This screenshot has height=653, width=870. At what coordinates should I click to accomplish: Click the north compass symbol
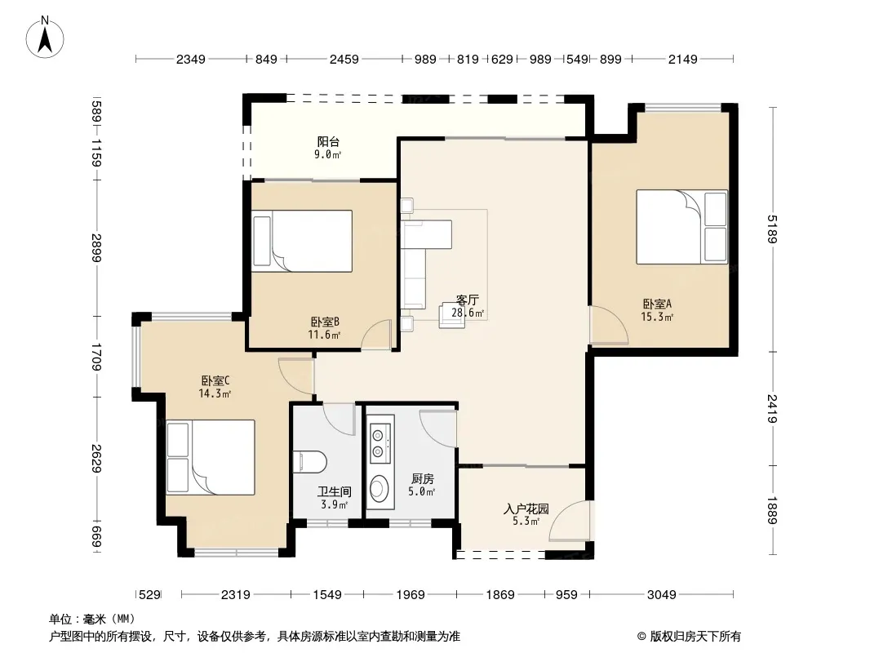45,37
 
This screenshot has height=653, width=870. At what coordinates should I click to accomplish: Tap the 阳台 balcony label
328,141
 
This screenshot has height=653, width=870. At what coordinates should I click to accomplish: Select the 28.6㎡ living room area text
468,313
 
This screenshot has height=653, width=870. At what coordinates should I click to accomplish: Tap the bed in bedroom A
681,227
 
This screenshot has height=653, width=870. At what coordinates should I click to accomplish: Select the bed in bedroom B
302,241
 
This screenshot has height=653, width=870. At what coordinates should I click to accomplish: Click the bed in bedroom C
211,457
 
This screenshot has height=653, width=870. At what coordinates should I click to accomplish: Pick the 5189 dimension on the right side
772,229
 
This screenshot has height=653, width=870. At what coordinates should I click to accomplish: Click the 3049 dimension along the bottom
661,595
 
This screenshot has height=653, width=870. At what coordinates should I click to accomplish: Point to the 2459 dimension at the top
344,59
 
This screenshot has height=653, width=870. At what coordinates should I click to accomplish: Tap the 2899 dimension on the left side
97,248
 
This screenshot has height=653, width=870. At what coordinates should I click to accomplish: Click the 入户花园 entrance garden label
526,509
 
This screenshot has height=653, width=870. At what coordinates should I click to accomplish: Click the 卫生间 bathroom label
335,491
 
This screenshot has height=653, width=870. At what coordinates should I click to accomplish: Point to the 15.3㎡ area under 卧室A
657,317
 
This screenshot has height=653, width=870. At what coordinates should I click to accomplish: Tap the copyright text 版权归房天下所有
695,637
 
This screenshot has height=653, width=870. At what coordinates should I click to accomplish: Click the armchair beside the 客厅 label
451,315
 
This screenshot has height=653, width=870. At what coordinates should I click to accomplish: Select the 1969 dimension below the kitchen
410,595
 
